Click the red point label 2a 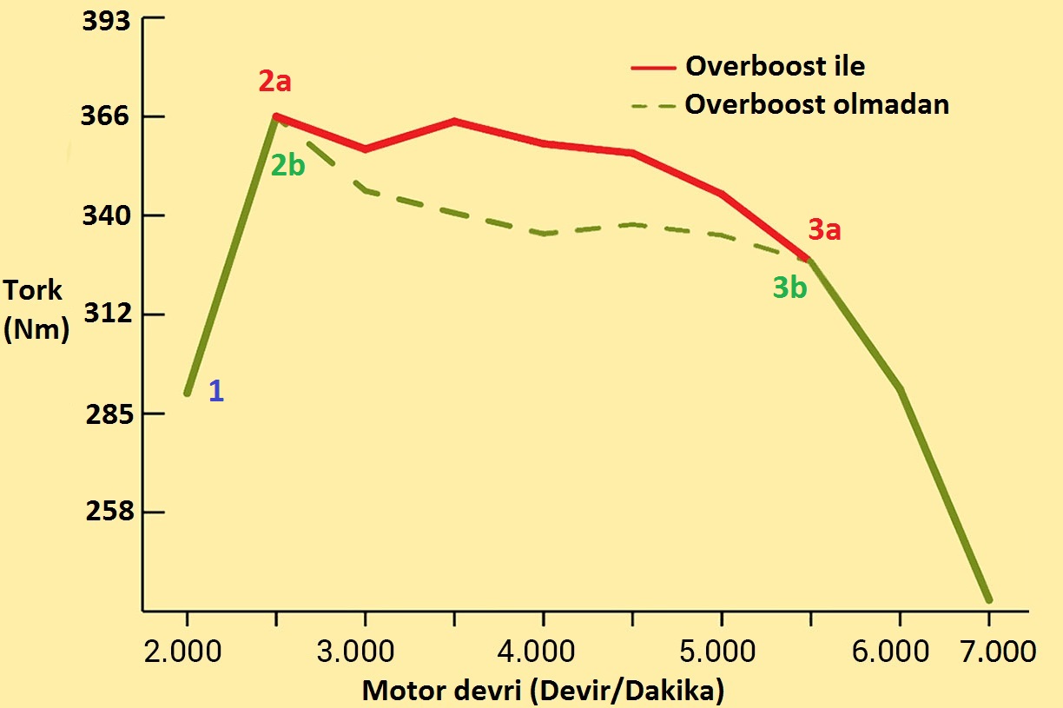[x=274, y=82]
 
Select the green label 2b [x=287, y=165]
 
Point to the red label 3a [x=825, y=230]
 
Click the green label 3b [x=789, y=288]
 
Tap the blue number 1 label [x=216, y=392]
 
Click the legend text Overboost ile [x=775, y=66]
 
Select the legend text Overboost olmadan [x=816, y=104]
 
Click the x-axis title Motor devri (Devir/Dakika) [x=543, y=691]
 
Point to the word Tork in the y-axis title [x=33, y=289]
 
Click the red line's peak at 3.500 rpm [x=453, y=121]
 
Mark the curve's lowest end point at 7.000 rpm [x=988, y=599]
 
